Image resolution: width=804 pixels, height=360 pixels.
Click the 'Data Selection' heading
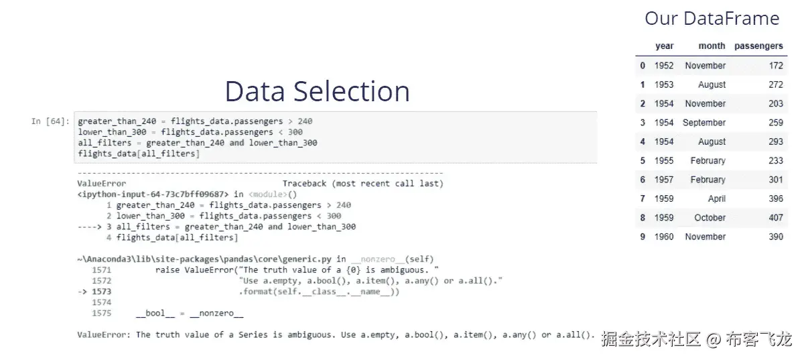[x=317, y=91]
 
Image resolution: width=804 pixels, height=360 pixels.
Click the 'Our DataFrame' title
[x=712, y=18]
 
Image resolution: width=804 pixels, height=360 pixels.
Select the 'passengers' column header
[x=758, y=46]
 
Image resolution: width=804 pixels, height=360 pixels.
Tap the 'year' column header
[x=664, y=46]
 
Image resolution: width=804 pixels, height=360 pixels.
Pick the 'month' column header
[x=712, y=46]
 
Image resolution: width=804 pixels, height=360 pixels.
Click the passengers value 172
[x=776, y=66]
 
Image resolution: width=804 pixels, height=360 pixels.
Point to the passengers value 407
[x=776, y=218]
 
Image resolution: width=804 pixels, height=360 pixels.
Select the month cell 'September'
[x=704, y=123]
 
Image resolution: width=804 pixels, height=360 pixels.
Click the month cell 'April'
[x=716, y=199]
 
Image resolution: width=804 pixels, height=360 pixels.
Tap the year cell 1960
[x=664, y=237]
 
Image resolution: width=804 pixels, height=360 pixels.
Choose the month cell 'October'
[x=710, y=218]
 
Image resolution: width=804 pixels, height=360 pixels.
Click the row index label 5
[x=643, y=161]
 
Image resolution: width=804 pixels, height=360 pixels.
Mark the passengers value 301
[x=776, y=180]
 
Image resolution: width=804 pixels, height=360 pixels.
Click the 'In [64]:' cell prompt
[x=50, y=121]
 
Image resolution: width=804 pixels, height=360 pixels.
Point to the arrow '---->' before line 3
[x=89, y=227]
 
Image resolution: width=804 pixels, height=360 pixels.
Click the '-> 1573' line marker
[x=94, y=292]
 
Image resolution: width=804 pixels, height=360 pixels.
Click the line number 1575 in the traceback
[x=101, y=313]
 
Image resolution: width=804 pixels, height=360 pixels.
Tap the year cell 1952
[x=664, y=66]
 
